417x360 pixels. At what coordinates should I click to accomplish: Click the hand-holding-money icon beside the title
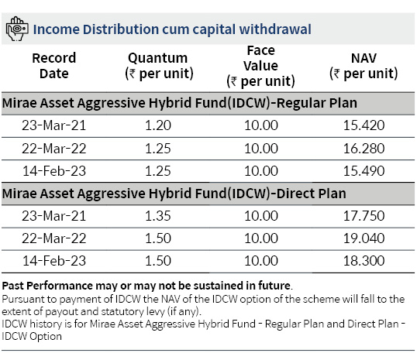tap(17, 29)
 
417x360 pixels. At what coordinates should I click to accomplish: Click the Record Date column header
tap(54, 66)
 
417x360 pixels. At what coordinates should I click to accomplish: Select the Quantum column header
tap(159, 66)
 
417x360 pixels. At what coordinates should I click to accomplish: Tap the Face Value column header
tap(260, 66)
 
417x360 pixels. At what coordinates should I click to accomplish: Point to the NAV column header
tap(364, 66)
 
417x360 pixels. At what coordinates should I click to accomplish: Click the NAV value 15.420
tap(364, 125)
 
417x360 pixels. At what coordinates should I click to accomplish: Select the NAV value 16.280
tap(364, 149)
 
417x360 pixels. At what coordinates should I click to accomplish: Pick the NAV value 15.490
tap(364, 171)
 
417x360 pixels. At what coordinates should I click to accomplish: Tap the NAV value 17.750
tap(364, 216)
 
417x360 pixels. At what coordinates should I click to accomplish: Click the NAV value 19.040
tap(364, 238)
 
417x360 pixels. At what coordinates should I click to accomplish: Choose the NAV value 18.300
tap(364, 261)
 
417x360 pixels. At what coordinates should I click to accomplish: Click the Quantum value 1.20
tap(158, 125)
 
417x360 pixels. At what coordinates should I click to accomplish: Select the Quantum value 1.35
tap(158, 216)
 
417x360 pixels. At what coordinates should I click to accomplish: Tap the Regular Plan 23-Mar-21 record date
tap(54, 125)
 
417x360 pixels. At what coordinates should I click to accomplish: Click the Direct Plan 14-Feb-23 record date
tap(54, 261)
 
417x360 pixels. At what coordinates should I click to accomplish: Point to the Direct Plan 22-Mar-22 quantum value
tap(158, 238)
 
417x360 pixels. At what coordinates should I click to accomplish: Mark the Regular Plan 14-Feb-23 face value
tap(261, 171)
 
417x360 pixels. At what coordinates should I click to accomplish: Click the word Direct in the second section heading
tap(294, 194)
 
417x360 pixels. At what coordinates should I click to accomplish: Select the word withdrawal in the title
tap(275, 29)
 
